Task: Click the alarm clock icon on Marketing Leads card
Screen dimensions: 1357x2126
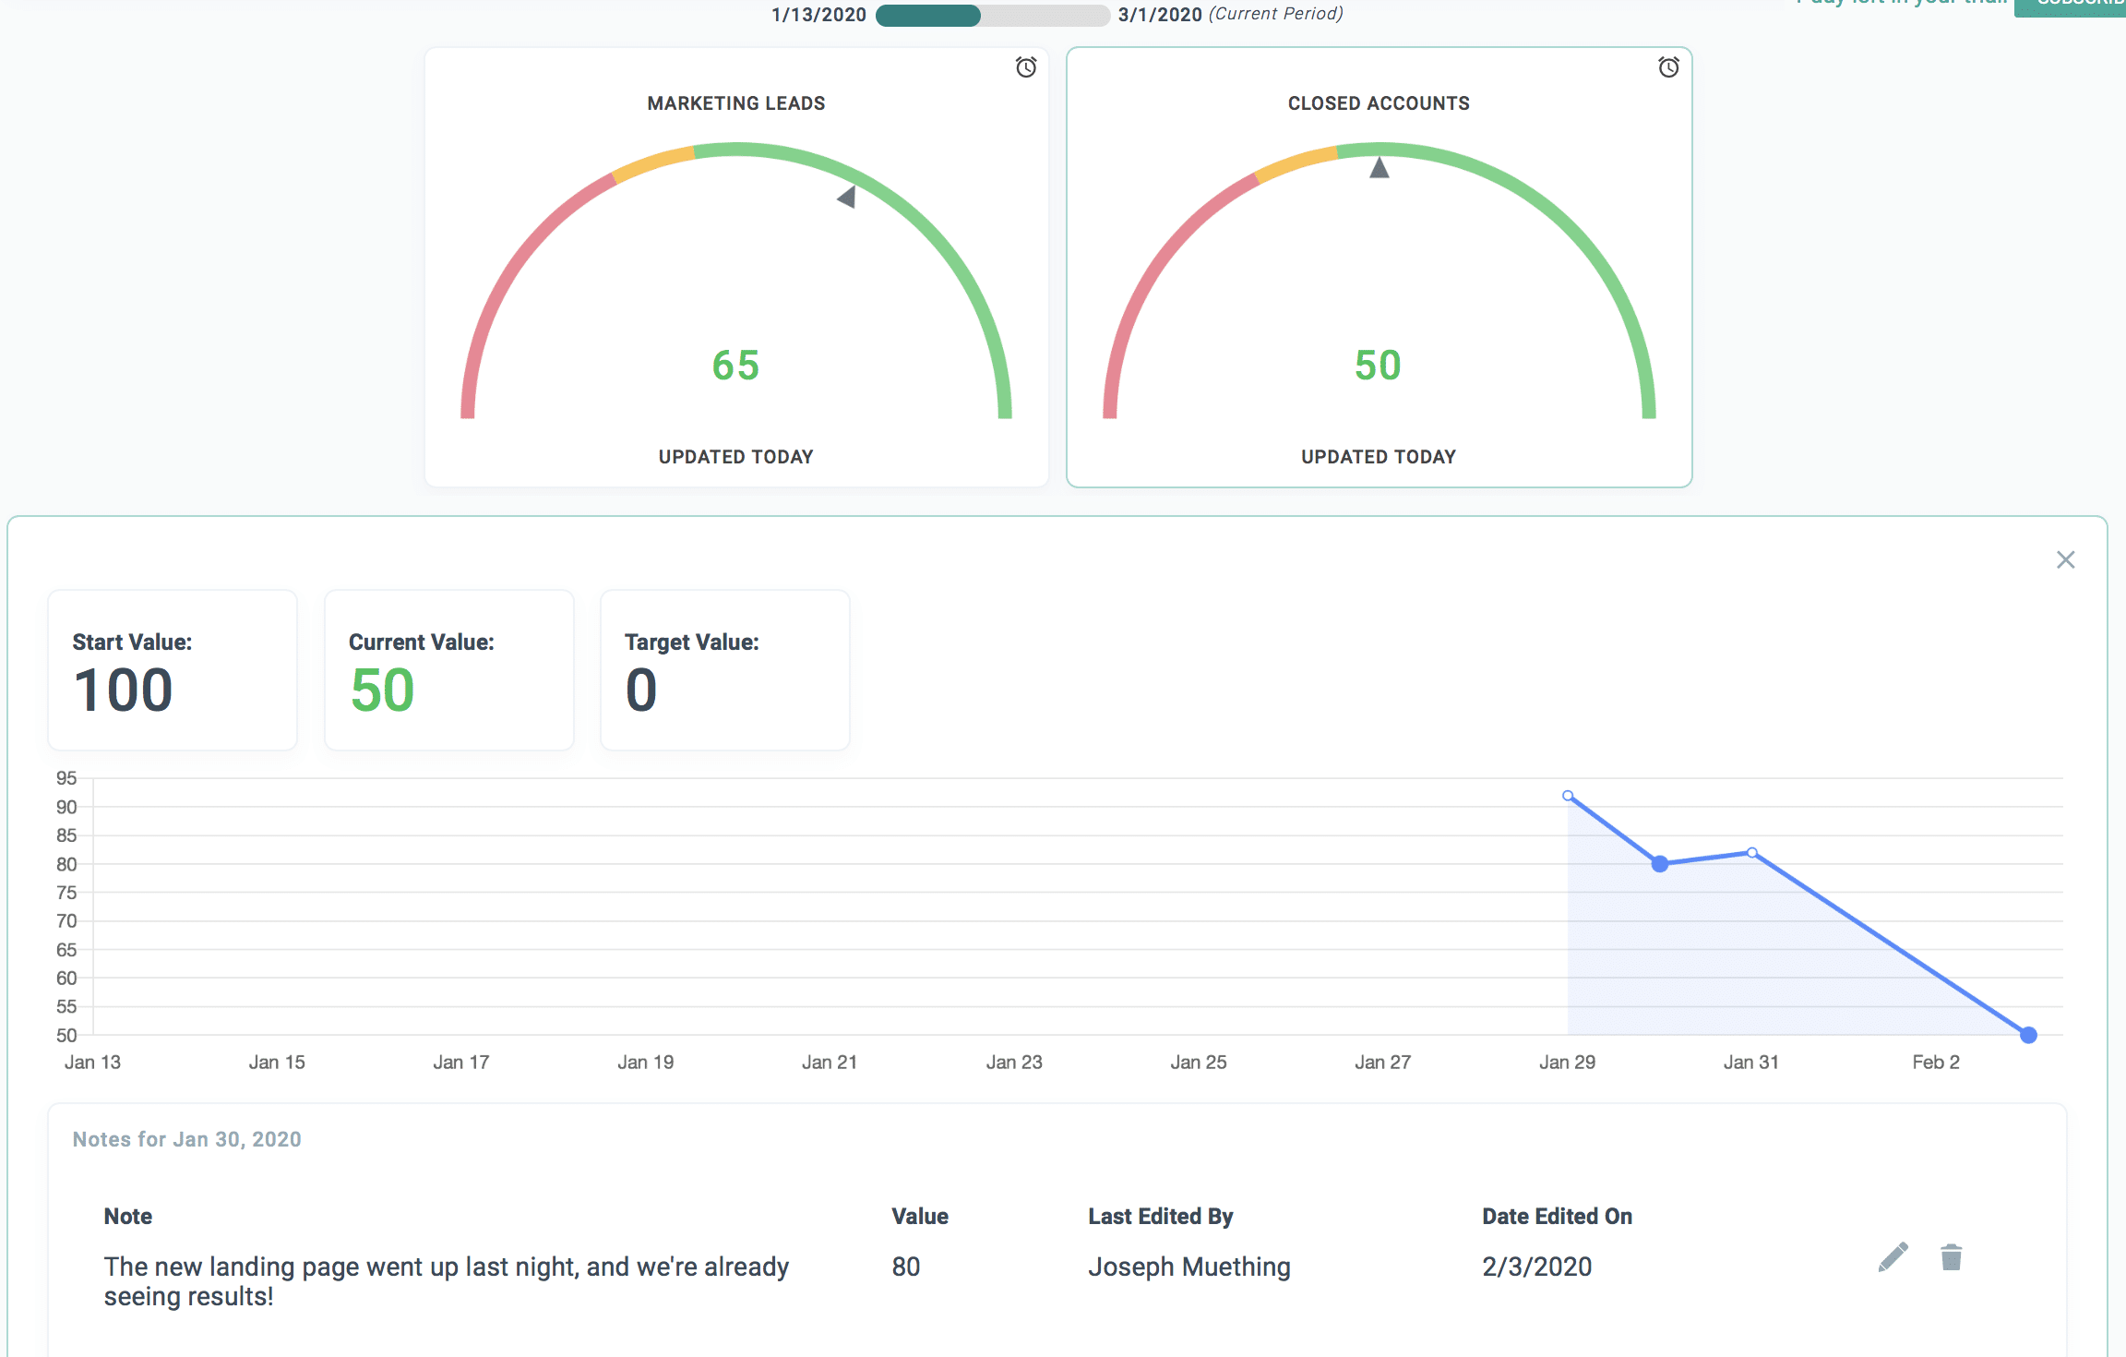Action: click(1026, 67)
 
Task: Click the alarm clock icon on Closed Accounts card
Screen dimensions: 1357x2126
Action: click(1668, 67)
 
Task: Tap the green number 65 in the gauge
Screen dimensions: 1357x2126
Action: click(735, 366)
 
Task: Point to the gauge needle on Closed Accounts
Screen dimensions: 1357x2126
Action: click(1380, 168)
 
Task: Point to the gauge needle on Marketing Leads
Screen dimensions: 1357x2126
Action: click(847, 197)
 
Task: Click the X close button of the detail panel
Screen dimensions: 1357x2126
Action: click(2065, 560)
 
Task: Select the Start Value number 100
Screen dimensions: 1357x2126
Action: click(124, 691)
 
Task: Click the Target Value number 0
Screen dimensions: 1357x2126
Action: click(641, 691)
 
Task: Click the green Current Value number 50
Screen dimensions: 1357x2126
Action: click(382, 691)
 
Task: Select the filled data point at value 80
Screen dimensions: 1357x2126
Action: click(1660, 864)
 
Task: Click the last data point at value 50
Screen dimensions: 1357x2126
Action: click(2028, 1035)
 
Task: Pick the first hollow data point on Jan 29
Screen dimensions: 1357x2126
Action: click(1568, 796)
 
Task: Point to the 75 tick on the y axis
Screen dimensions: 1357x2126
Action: click(66, 893)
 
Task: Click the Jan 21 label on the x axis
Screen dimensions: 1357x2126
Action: click(830, 1063)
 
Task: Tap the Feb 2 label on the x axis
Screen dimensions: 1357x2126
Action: click(1936, 1063)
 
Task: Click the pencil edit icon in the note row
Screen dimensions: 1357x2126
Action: click(1893, 1257)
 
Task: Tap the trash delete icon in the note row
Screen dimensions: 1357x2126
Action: click(1951, 1257)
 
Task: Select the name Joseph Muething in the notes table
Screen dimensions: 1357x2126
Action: click(1188, 1267)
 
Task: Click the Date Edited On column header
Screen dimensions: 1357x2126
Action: click(1557, 1217)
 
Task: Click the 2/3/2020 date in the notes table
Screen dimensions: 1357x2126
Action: click(1536, 1267)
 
